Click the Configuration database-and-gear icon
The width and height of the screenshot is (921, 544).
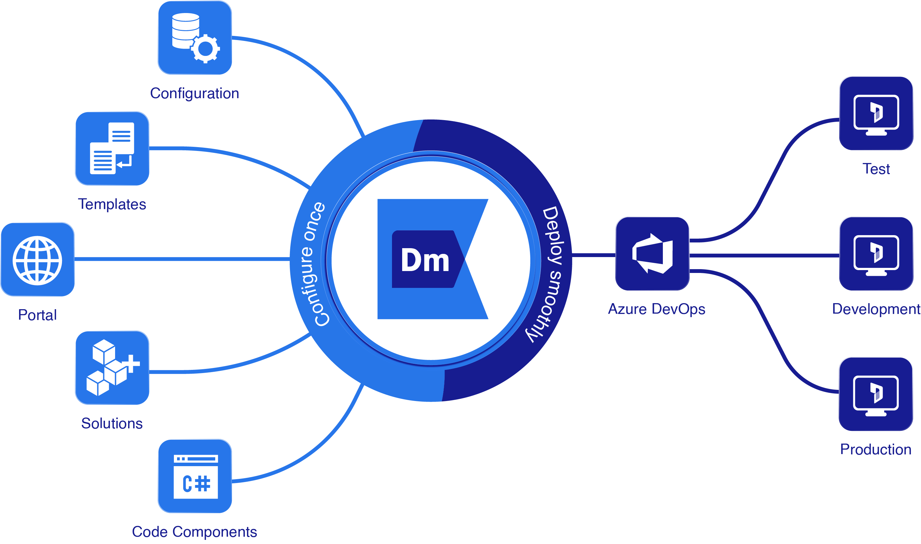tap(195, 37)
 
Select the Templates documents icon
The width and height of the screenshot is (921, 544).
tap(112, 148)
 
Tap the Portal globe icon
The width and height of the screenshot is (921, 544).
tap(38, 260)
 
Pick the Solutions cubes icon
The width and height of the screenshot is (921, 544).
tap(112, 367)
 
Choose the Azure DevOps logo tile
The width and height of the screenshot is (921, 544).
tap(652, 254)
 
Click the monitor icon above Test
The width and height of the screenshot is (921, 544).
tap(876, 113)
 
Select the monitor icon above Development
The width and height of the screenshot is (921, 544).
tap(876, 254)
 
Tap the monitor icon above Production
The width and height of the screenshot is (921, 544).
tap(876, 394)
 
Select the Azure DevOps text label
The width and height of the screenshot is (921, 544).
tap(656, 309)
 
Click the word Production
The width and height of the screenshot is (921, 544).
tap(876, 449)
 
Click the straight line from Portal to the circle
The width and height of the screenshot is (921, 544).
tap(183, 260)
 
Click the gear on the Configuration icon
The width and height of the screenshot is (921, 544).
tap(205, 48)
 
